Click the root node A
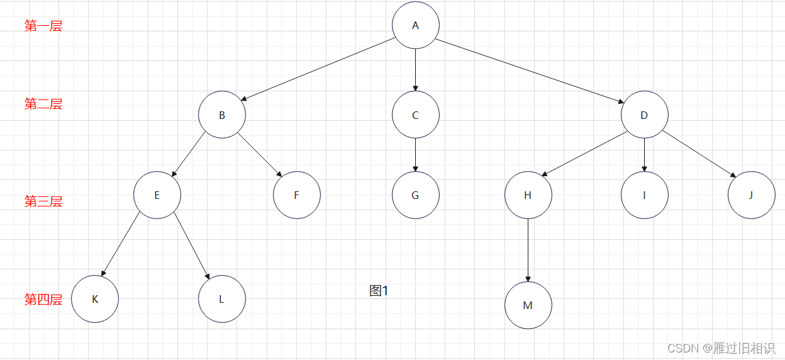(x=415, y=25)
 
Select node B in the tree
(x=222, y=115)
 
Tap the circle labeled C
(x=415, y=115)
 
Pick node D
(x=644, y=115)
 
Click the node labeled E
(x=157, y=195)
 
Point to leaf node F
(x=296, y=195)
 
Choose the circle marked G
(x=415, y=195)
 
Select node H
(x=528, y=195)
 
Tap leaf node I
(x=644, y=195)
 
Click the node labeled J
(x=751, y=195)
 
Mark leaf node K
(x=95, y=299)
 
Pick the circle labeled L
(x=222, y=299)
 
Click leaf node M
(x=528, y=305)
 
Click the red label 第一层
(x=43, y=26)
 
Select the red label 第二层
(x=43, y=104)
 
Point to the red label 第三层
(x=43, y=201)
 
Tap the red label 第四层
(x=43, y=300)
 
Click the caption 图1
(x=379, y=291)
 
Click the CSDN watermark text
(x=721, y=348)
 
